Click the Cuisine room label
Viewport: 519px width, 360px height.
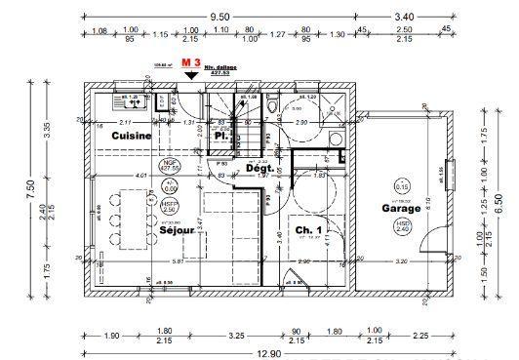130,137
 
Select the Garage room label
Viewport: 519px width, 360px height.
401,209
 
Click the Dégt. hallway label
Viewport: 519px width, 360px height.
258,168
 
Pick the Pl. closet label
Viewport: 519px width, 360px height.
221,137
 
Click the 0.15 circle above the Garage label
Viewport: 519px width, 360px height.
401,186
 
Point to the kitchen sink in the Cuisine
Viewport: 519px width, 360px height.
129,100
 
